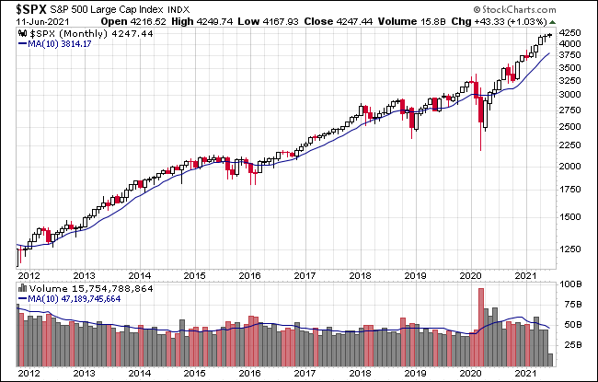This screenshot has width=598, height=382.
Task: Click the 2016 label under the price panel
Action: pyautogui.click(x=248, y=274)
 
